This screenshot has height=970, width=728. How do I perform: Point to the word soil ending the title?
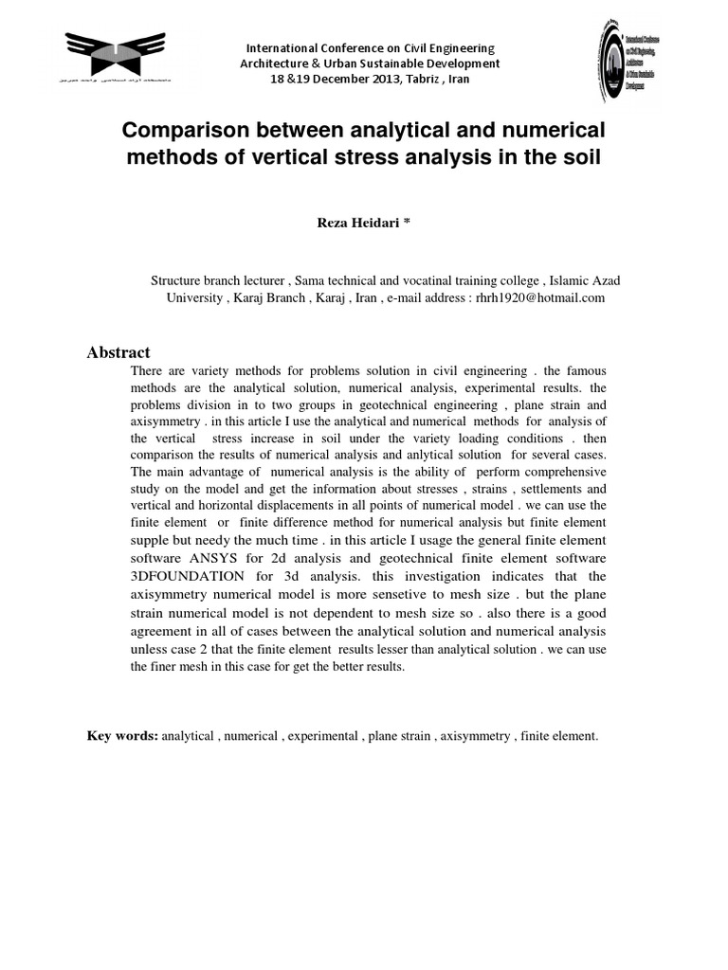point(580,156)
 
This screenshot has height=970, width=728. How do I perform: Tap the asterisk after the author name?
point(406,222)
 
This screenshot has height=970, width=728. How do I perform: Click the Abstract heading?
point(118,352)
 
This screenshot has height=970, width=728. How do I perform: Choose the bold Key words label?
point(122,735)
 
